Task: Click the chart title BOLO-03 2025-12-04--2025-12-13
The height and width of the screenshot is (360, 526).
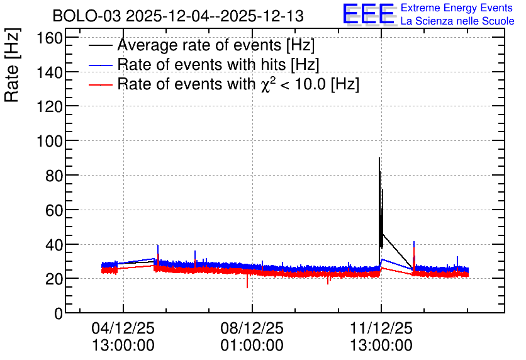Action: (178, 16)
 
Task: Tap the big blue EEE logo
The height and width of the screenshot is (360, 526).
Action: (369, 14)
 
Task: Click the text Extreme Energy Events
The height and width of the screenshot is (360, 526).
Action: (457, 8)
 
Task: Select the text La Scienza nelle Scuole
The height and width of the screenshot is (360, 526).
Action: (457, 21)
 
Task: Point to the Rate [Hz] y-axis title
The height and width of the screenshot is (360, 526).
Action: (12, 65)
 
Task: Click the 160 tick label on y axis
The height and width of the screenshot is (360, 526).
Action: (50, 38)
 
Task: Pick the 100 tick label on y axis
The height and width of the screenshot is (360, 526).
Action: (50, 141)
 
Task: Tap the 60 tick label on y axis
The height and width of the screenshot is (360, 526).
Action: (54, 210)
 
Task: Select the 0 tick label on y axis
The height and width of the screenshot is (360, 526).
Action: (59, 313)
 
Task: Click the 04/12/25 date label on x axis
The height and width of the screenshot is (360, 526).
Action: (123, 328)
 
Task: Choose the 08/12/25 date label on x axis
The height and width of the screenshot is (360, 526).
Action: (252, 328)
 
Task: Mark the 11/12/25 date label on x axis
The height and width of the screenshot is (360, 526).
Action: (381, 328)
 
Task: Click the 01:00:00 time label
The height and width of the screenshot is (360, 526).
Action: (252, 346)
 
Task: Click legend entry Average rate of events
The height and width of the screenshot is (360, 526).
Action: (216, 45)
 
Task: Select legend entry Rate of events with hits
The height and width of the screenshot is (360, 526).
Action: (218, 64)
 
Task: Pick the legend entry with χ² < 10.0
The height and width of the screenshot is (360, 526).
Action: (238, 84)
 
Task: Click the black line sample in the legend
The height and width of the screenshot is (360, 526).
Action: (100, 45)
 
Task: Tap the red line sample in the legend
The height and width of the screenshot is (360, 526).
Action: (100, 85)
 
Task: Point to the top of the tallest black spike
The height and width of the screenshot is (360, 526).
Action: (379, 158)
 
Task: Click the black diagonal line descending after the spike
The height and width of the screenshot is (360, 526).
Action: (398, 251)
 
